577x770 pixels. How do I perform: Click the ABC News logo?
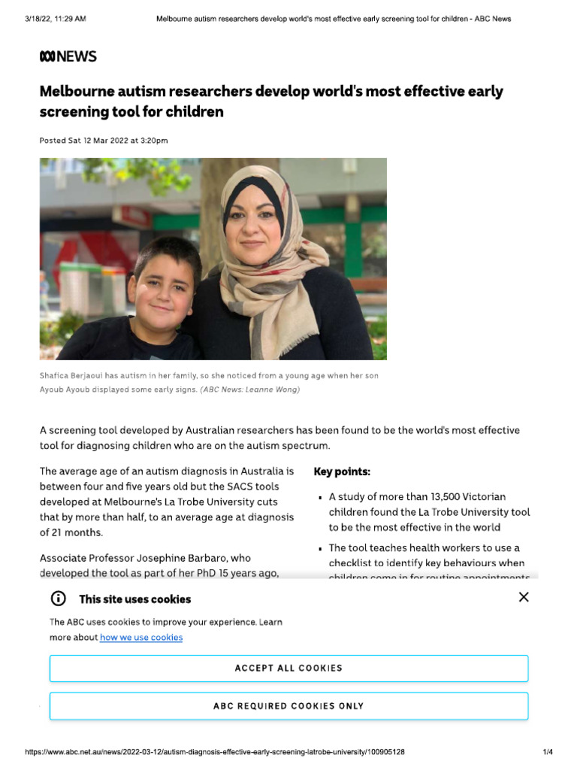point(68,56)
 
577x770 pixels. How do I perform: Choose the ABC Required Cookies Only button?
point(288,706)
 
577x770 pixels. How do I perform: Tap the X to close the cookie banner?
point(524,597)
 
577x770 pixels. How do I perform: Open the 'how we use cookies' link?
point(141,638)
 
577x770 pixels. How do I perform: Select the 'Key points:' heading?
point(342,472)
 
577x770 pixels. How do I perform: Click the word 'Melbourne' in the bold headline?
point(74,92)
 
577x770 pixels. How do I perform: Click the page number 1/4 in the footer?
point(548,752)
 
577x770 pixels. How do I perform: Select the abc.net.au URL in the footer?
point(215,752)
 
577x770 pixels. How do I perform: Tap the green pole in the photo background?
point(353,241)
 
